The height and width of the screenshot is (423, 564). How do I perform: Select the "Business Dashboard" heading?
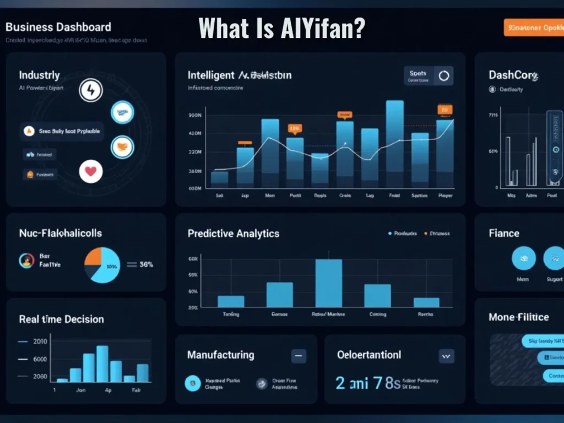[x=58, y=27]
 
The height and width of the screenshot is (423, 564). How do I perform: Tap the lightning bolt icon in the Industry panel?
[x=91, y=90]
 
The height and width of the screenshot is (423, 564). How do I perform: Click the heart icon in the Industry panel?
[x=91, y=171]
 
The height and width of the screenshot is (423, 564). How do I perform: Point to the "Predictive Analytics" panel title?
[x=233, y=234]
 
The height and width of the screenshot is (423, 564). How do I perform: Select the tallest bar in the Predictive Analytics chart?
[x=329, y=283]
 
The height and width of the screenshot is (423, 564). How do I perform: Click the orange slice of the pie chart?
[x=95, y=258]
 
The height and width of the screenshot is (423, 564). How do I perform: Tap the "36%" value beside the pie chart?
[x=146, y=264]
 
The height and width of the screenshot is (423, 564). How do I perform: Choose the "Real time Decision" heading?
[x=61, y=319]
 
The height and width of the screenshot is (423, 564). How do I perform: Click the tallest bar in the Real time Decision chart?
[x=102, y=364]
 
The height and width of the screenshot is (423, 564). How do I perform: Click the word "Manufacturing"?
[x=220, y=355]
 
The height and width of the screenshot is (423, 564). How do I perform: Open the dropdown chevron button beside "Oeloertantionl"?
[x=446, y=356]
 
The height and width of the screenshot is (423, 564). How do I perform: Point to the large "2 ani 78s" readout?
[x=367, y=383]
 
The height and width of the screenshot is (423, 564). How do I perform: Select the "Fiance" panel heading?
[x=503, y=233]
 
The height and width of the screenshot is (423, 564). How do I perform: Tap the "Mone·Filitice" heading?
[x=518, y=317]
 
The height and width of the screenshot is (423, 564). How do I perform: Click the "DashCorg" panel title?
[x=513, y=75]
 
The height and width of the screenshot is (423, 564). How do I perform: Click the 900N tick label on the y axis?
[x=195, y=116]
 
